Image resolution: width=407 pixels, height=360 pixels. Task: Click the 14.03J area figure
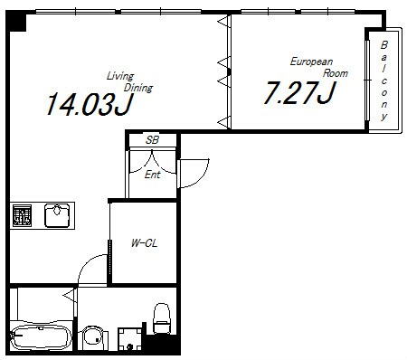pyautogui.click(x=90, y=104)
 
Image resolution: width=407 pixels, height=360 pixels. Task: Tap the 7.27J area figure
pyautogui.click(x=299, y=92)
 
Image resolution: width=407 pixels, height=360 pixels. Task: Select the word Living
pyautogui.click(x=120, y=76)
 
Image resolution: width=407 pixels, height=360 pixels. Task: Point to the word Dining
pyautogui.click(x=138, y=88)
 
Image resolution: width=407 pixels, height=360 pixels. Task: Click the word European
pyautogui.click(x=311, y=62)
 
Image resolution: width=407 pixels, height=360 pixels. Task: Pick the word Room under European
pyautogui.click(x=336, y=73)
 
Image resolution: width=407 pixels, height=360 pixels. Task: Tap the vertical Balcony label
pyautogui.click(x=383, y=81)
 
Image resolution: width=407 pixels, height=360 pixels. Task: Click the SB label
pyautogui.click(x=152, y=140)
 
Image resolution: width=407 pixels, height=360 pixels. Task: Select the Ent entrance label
pyautogui.click(x=153, y=175)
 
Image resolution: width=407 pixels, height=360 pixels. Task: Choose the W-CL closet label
pyautogui.click(x=144, y=243)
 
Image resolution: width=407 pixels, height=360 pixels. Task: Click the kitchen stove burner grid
pyautogui.click(x=22, y=215)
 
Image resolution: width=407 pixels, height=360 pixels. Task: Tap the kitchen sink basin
pyautogui.click(x=57, y=215)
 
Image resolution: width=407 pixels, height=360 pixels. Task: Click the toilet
pyautogui.click(x=162, y=318)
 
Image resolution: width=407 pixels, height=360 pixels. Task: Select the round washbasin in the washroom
pyautogui.click(x=93, y=337)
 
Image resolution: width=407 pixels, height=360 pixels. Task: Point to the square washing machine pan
pyautogui.click(x=129, y=339)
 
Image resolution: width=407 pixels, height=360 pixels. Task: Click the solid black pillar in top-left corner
pyautogui.click(x=15, y=21)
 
